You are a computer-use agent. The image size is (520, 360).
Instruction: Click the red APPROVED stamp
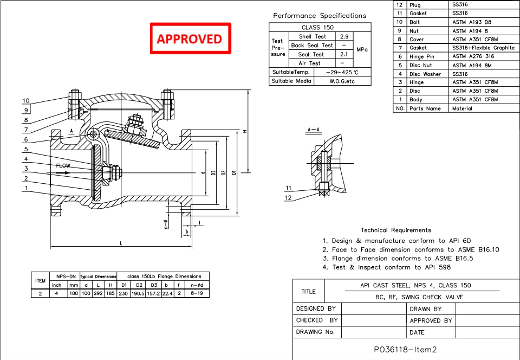(190, 38)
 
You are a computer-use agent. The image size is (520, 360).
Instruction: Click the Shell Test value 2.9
(343, 36)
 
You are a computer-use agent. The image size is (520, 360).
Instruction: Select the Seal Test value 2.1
(343, 54)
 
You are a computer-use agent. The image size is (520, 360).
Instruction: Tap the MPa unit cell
(362, 50)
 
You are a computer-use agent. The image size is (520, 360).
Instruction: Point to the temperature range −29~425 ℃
(342, 72)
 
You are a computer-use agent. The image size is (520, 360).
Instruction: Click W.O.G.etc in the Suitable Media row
(342, 81)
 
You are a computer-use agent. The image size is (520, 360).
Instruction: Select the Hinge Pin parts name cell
(421, 56)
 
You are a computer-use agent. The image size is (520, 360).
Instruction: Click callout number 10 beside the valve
(26, 100)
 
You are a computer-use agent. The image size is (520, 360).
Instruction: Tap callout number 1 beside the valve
(25, 188)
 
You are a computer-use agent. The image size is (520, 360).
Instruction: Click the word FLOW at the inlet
(63, 165)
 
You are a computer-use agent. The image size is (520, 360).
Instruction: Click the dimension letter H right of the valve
(245, 131)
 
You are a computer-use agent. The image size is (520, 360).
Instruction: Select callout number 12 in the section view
(288, 197)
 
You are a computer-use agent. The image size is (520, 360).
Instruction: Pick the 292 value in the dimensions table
(98, 293)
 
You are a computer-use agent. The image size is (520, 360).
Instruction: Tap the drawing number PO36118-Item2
(405, 350)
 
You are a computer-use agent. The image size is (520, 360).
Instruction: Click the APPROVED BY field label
(431, 320)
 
